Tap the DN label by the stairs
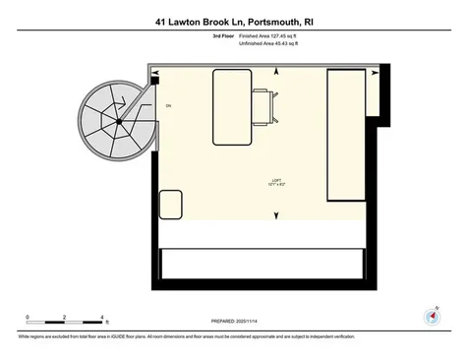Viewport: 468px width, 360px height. pos(169,105)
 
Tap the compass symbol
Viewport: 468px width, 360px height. pos(430,317)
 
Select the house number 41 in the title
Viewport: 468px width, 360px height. pos(162,19)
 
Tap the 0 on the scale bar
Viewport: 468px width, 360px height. pos(28,317)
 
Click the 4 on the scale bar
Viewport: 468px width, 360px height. pos(102,317)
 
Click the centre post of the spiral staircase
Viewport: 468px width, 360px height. pos(118,121)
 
